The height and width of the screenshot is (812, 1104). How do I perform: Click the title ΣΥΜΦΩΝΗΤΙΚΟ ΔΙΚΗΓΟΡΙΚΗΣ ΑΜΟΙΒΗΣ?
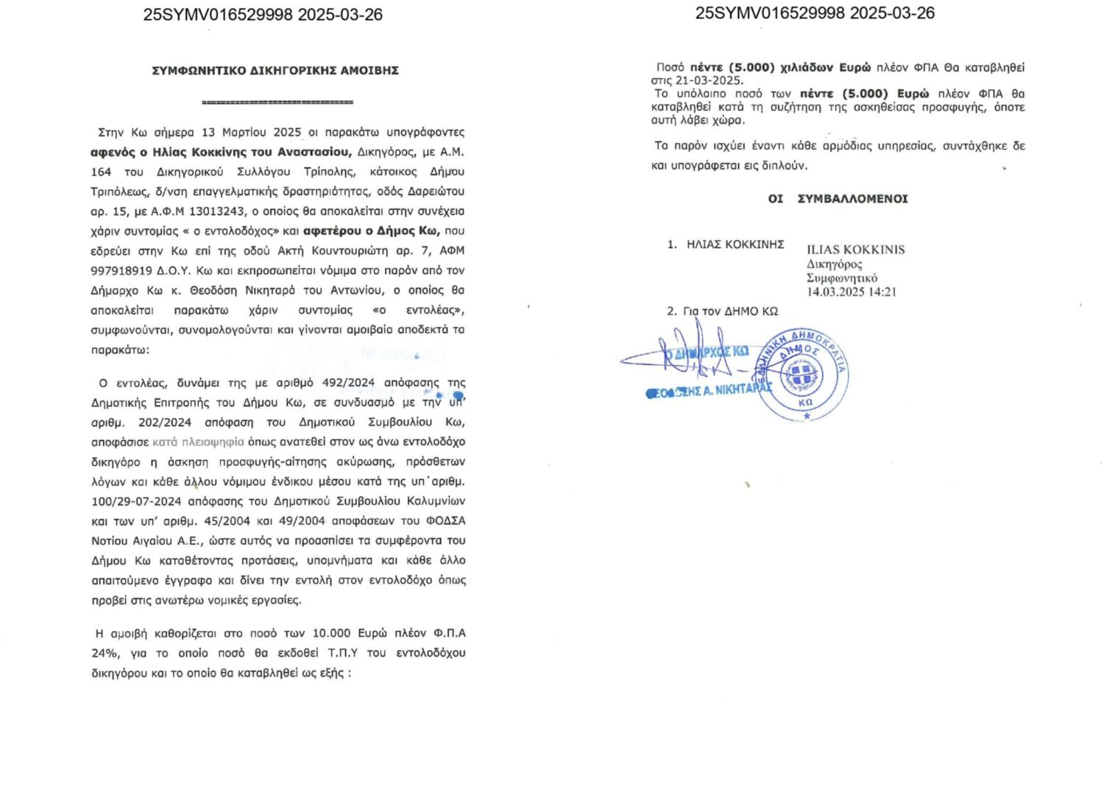[x=275, y=71]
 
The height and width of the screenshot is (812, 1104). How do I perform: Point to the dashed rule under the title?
[x=277, y=102]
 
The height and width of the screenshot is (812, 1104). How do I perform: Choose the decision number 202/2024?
[x=164, y=423]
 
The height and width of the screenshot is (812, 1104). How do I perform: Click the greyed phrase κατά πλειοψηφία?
[x=198, y=442]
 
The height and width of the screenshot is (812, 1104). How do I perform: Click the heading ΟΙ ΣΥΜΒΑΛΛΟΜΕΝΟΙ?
[x=838, y=199]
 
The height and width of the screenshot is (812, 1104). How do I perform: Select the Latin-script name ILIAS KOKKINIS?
[x=855, y=250]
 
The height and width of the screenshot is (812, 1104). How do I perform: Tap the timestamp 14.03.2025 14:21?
[x=851, y=292]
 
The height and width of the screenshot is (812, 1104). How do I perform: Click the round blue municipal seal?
[x=803, y=374]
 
